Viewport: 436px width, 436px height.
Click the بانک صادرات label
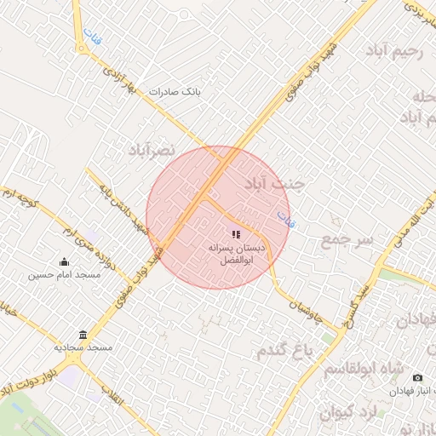pyautogui.click(x=174, y=91)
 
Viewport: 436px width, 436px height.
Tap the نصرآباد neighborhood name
pyautogui.click(x=151, y=150)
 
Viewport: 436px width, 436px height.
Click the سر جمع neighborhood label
pyautogui.click(x=347, y=240)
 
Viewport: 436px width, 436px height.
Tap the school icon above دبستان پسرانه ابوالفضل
pyautogui.click(x=236, y=232)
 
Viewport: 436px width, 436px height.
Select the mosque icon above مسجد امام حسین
pyautogui.click(x=64, y=262)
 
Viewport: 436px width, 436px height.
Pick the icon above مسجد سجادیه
pyautogui.click(x=83, y=335)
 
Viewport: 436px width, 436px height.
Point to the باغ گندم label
pyautogui.click(x=284, y=349)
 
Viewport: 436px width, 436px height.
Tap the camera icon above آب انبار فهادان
pyautogui.click(x=417, y=377)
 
